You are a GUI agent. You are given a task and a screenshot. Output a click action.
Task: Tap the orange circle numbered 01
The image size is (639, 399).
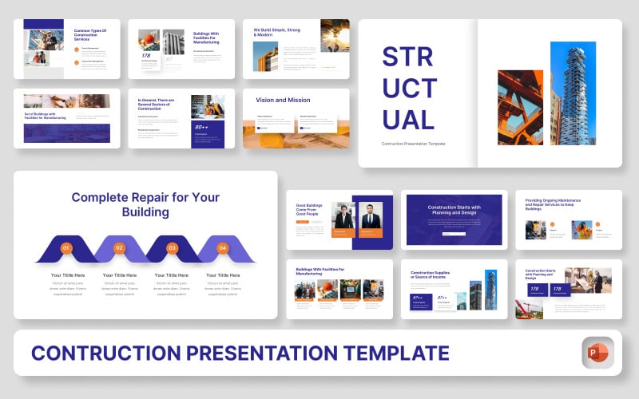[x=66, y=248]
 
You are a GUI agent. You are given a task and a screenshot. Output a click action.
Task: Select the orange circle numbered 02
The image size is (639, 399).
[x=119, y=248]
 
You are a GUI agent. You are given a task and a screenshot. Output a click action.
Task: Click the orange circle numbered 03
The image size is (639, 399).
[x=172, y=248]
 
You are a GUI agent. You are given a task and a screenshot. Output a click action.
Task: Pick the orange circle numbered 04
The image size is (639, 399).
[x=224, y=248]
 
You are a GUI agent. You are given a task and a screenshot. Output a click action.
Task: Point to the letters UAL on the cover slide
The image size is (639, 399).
[x=408, y=120]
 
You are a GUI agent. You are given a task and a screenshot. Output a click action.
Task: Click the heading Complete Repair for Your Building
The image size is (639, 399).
[x=145, y=204]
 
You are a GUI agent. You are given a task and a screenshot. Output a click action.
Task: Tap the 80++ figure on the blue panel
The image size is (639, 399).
[x=200, y=127]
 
